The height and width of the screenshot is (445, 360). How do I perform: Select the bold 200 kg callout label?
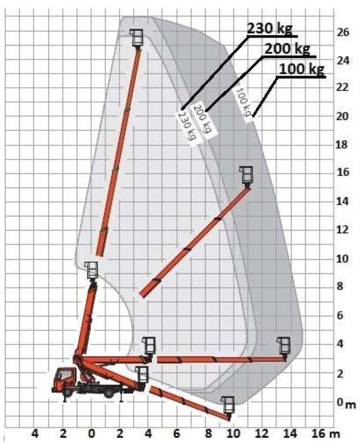click(x=287, y=49)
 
